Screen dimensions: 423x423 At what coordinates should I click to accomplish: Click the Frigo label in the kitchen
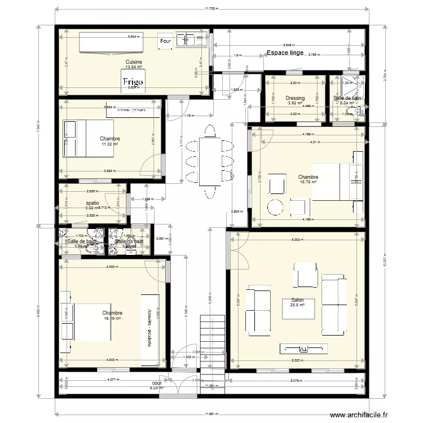[x=133, y=82]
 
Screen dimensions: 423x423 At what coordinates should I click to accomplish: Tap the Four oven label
[x=165, y=42]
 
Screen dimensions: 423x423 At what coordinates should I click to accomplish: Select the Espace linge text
[x=285, y=53]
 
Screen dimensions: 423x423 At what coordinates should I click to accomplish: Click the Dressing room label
[x=295, y=98]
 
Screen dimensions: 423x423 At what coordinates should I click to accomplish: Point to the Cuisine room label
[x=134, y=62]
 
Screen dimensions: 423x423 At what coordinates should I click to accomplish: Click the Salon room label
[x=297, y=300]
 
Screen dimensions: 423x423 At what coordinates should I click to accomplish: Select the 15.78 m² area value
[x=309, y=182]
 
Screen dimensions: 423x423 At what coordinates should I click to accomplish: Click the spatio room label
[x=92, y=202]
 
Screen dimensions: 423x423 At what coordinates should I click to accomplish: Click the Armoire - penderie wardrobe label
[x=151, y=328]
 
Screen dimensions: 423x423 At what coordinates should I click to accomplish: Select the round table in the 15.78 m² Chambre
[x=275, y=207]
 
